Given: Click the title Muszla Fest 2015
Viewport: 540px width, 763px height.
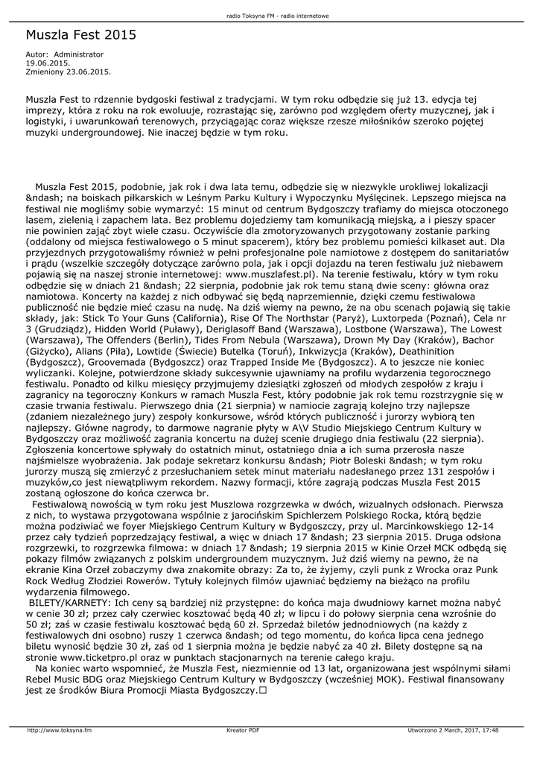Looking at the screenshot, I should pos(81,35).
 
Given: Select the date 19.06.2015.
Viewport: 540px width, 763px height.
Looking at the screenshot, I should pos(48,63).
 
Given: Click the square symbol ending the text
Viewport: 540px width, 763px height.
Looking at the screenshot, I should pos(262,691).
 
